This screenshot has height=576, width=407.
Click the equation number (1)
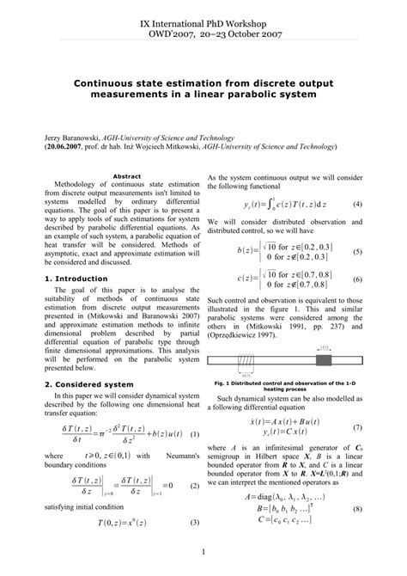pyautogui.click(x=194, y=433)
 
